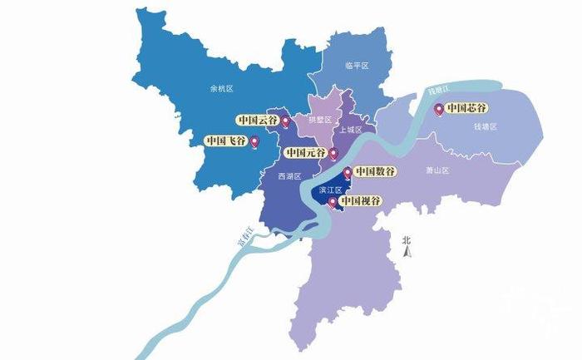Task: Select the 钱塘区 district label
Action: (x=485, y=126)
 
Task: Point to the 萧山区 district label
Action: (x=437, y=170)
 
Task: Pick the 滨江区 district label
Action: (x=330, y=190)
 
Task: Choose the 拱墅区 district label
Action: (x=319, y=120)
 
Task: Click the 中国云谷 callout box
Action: (x=257, y=120)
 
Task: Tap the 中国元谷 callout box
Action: (x=304, y=153)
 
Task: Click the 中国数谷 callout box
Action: (x=375, y=171)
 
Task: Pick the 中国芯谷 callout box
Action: (x=466, y=107)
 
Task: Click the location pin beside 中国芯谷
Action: (x=439, y=109)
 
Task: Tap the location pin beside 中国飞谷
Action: (x=254, y=143)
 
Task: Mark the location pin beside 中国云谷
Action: (x=285, y=122)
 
